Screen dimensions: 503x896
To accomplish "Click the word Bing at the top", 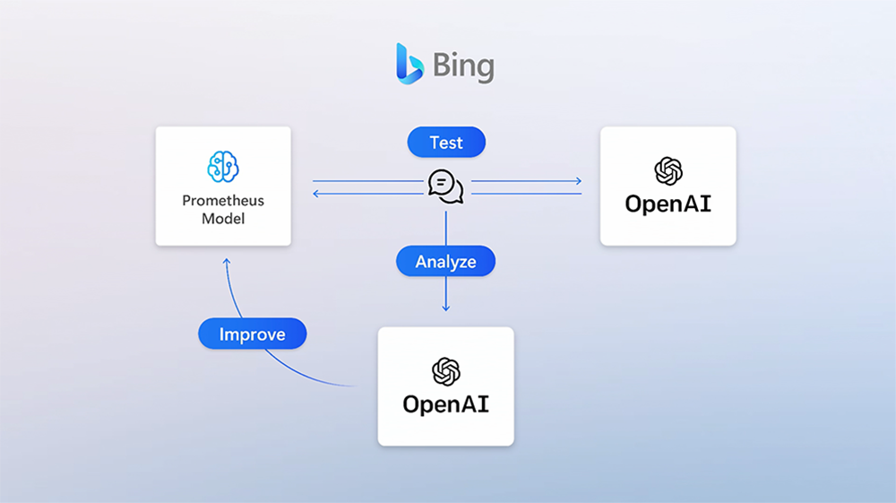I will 463,66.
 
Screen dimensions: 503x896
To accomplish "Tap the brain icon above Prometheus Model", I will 223,167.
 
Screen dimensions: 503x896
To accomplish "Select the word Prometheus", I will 223,201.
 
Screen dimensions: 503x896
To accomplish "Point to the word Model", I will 223,219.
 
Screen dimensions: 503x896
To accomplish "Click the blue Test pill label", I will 446,143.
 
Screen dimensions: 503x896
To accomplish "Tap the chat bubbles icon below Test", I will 445,186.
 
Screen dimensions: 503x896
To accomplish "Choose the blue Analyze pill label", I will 445,262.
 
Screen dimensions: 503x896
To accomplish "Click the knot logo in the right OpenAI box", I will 668,170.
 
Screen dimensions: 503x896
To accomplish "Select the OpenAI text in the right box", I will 668,204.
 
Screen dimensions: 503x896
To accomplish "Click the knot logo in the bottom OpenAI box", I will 445,370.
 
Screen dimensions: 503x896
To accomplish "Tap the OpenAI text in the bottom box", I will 445,403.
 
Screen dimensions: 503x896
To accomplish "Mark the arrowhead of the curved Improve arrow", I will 227,261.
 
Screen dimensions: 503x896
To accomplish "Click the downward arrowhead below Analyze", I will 445,308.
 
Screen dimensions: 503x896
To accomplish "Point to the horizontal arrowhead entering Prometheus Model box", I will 316,193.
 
